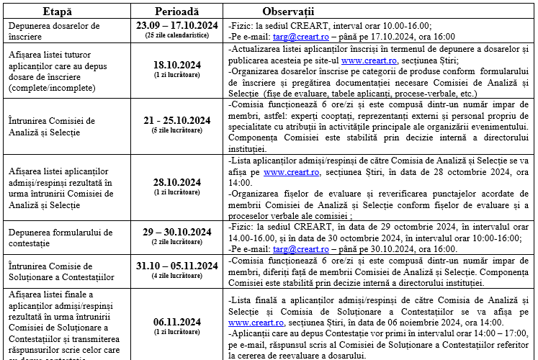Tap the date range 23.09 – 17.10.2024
[x=178, y=25]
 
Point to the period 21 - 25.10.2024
[x=178, y=120]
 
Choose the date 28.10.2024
[x=178, y=183]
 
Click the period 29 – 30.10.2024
[x=178, y=232]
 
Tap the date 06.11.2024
[x=178, y=322]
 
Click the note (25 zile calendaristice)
[x=178, y=35]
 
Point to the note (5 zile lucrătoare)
[x=178, y=130]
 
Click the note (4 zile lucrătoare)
[x=178, y=276]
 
